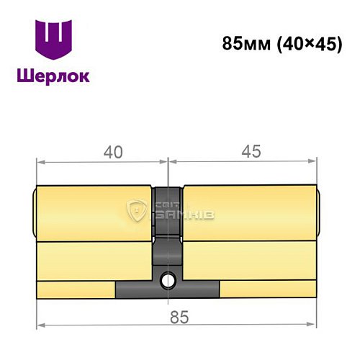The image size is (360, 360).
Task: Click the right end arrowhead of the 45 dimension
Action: [x=314, y=165]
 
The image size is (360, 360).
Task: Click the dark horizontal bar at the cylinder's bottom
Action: [x=167, y=289]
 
